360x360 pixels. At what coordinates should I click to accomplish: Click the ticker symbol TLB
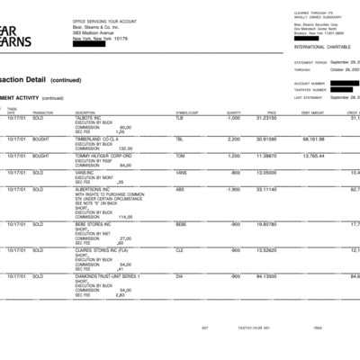pos(179,118)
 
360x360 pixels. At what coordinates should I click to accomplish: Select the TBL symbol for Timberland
pos(179,139)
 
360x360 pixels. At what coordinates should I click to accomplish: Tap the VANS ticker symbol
pos(180,173)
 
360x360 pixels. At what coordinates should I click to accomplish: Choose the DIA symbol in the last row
pos(179,276)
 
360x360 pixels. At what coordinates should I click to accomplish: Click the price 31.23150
pos(265,118)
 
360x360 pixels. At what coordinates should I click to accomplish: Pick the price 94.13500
pos(265,276)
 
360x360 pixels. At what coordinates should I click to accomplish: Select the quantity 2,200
pos(234,139)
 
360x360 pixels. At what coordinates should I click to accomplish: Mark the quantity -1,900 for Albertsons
pos(232,190)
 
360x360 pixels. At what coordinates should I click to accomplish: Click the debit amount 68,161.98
pos(313,139)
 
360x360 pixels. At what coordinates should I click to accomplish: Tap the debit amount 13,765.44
pos(313,156)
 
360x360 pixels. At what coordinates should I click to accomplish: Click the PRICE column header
pos(271,112)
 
